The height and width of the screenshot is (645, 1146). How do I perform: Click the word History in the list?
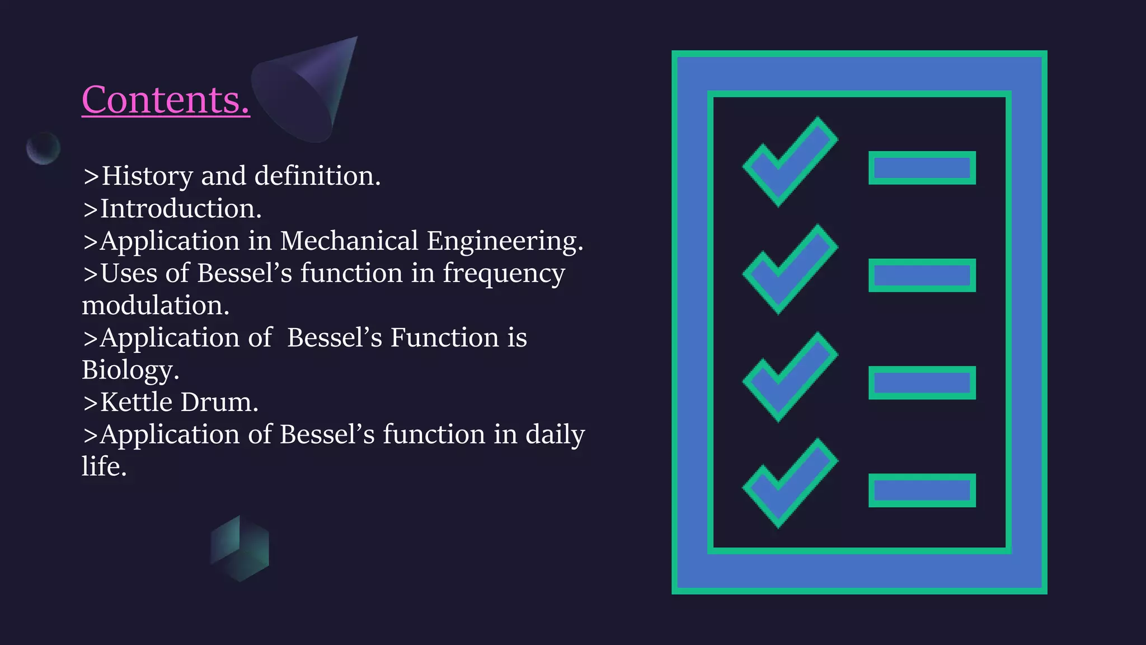147,176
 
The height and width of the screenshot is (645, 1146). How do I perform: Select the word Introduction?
180,209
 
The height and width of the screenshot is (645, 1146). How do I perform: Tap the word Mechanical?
349,241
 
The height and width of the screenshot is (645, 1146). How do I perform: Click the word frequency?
504,274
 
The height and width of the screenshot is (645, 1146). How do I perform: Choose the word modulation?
156,306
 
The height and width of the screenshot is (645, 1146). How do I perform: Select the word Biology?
130,371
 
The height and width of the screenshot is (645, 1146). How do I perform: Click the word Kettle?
136,403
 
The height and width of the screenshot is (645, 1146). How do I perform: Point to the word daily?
555,436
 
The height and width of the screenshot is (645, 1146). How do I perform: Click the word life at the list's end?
104,467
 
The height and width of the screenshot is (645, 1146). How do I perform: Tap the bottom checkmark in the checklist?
790,483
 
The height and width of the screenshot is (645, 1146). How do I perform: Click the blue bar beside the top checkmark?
922,167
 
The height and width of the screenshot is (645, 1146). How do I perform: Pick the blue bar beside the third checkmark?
922,383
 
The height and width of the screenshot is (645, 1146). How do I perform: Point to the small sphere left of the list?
43,148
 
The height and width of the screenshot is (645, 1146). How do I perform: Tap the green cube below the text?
239,548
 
